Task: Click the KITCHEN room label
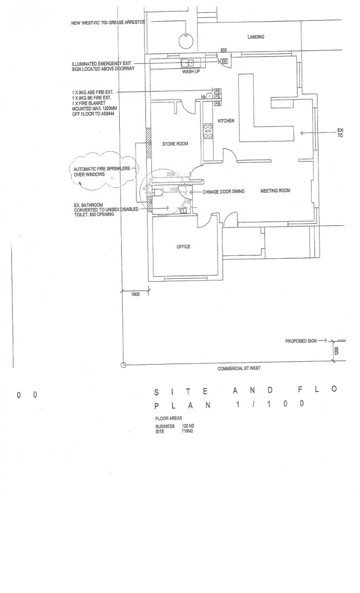tap(226, 121)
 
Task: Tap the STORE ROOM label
tap(176, 144)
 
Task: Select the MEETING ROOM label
tap(275, 191)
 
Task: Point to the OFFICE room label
tap(183, 247)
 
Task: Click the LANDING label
tap(256, 37)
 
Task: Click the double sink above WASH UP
tap(189, 63)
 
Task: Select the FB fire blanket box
tap(217, 104)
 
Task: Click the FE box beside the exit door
tap(224, 61)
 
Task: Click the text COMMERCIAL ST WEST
tap(239, 369)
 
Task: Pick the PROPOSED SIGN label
tap(299, 341)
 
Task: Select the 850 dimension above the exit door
tap(224, 51)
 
